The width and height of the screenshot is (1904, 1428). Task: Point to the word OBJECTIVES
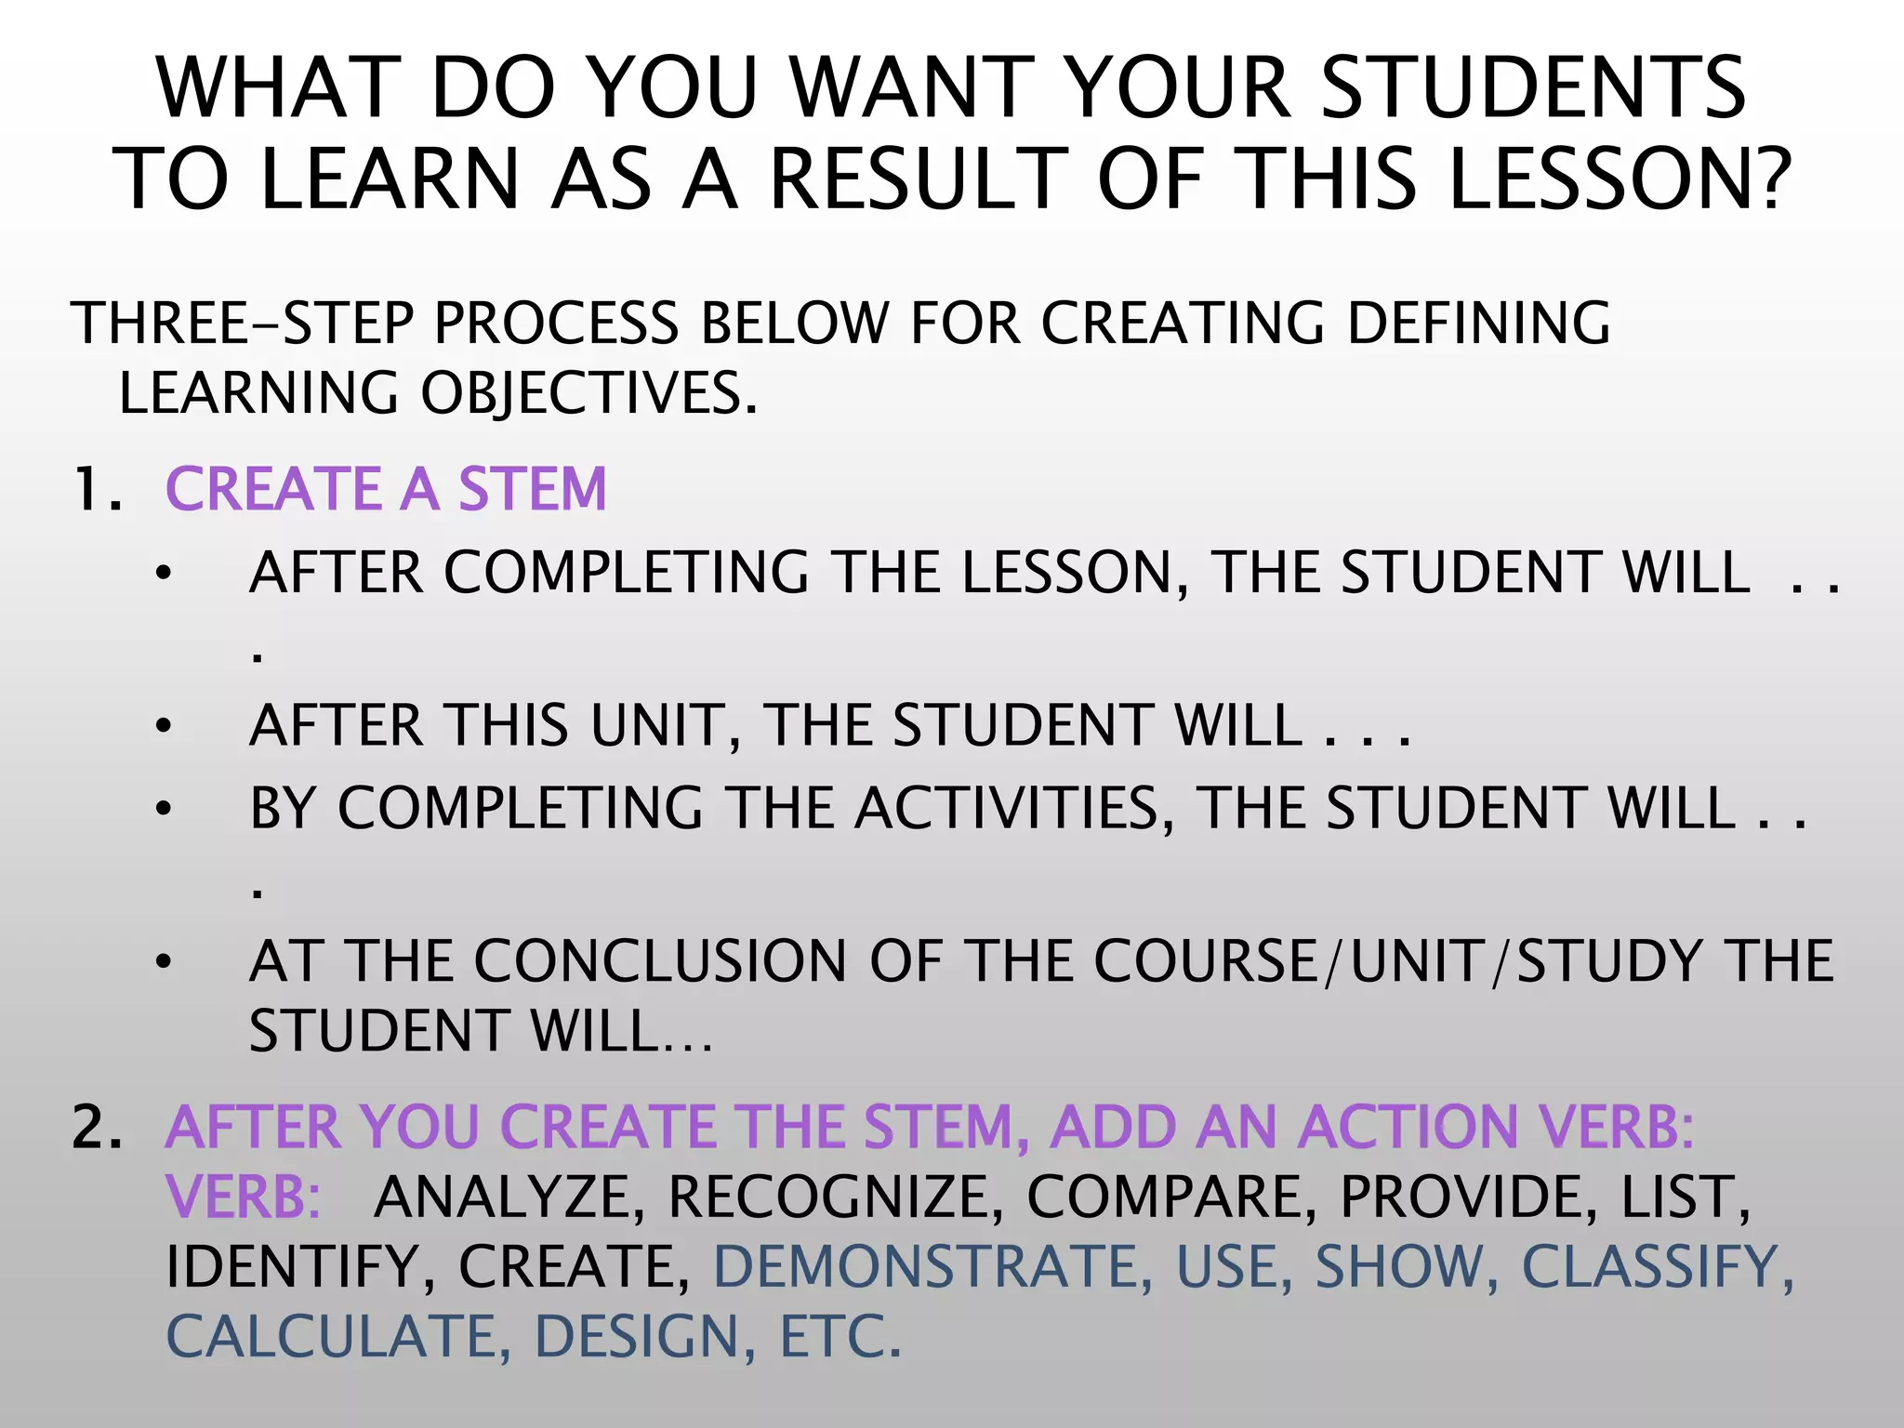click(588, 393)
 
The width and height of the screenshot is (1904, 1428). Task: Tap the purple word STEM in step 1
click(532, 490)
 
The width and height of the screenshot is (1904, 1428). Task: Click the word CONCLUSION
click(661, 960)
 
